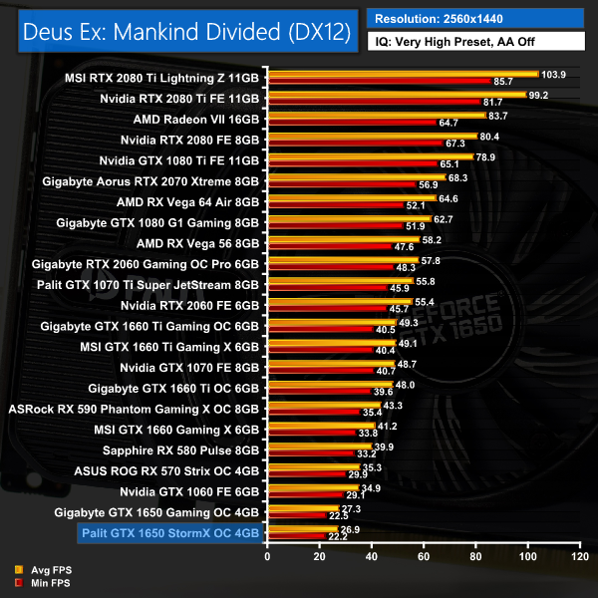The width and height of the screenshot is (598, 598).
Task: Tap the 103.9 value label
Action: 553,74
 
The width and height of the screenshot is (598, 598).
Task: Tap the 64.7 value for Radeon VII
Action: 448,123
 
